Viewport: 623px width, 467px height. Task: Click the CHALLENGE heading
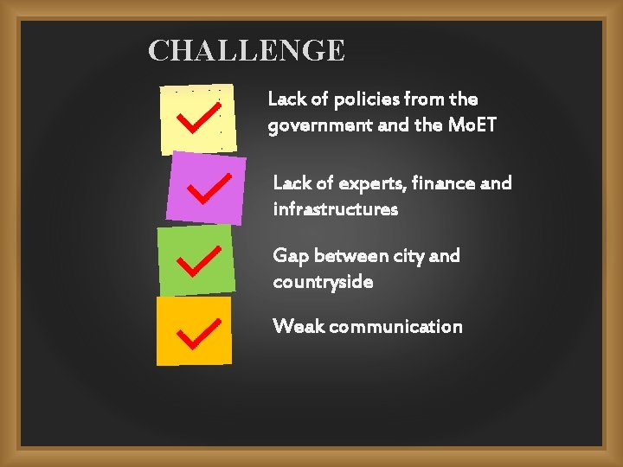[x=247, y=51]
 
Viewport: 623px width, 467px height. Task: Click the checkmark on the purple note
[x=209, y=188]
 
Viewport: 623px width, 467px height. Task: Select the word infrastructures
[x=336, y=209]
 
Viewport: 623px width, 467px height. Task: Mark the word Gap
[x=291, y=256]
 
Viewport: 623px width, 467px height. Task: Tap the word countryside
[x=324, y=282]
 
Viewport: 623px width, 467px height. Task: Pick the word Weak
[x=298, y=326]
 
